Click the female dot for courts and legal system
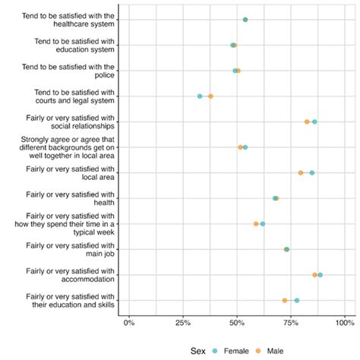pyautogui.click(x=200, y=96)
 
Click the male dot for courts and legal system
pyautogui.click(x=210, y=96)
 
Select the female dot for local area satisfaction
pyautogui.click(x=311, y=173)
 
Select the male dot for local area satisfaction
pyautogui.click(x=301, y=173)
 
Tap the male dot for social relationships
pyautogui.click(x=307, y=122)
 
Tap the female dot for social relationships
pyautogui.click(x=314, y=122)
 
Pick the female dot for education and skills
pyautogui.click(x=296, y=300)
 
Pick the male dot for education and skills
pyautogui.click(x=285, y=300)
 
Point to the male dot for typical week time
pyautogui.click(x=256, y=224)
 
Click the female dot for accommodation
pyautogui.click(x=320, y=275)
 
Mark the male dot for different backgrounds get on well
pyautogui.click(x=240, y=147)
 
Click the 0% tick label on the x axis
pyautogui.click(x=129, y=321)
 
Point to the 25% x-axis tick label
pyautogui.click(x=182, y=321)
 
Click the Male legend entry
pyautogui.click(x=272, y=350)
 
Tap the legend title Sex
pyautogui.click(x=198, y=350)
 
